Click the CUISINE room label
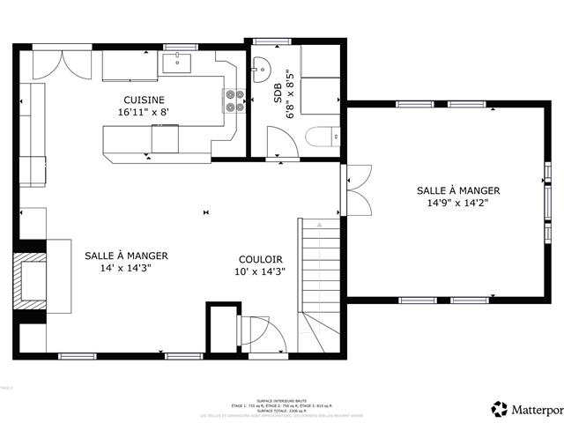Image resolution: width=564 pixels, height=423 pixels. [144, 100]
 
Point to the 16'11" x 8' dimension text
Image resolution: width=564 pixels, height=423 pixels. [143, 113]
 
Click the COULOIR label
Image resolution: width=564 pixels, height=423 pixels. [260, 259]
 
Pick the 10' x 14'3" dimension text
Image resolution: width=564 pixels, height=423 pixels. [260, 272]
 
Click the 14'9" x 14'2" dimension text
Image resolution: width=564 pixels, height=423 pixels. [457, 203]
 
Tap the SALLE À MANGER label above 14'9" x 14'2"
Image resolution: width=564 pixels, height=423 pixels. [457, 190]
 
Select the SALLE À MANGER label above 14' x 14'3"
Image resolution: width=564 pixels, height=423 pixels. [126, 256]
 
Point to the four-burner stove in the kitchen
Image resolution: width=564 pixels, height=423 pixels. [234, 100]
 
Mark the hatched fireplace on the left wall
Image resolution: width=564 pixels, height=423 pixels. [31, 280]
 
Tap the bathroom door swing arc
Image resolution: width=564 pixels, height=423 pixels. [283, 142]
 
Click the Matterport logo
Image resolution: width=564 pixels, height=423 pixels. [525, 408]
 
